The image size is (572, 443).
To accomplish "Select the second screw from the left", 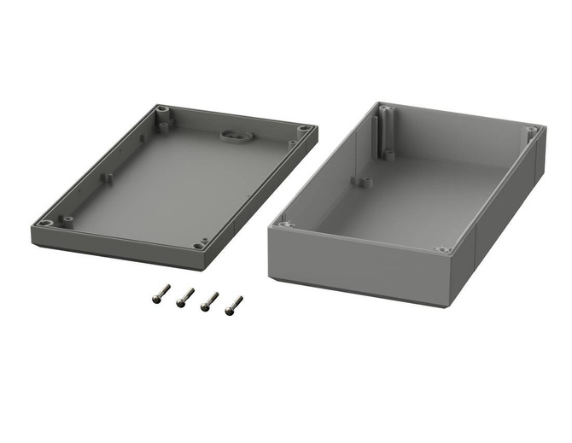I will point(184,296).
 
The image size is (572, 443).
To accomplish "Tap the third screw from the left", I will point(208,300).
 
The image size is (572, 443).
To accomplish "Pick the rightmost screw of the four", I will point(233,304).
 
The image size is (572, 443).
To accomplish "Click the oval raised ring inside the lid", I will point(232,134).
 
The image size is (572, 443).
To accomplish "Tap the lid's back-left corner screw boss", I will point(161,111).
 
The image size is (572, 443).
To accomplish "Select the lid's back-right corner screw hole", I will point(304,130).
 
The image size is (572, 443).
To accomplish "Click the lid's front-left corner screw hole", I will point(47,223).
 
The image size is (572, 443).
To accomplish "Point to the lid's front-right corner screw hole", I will point(200,245).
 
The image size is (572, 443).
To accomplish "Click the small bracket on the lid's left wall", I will point(108,178).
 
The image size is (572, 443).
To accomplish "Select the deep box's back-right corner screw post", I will point(531,132).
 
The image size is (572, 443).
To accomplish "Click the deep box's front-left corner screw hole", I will point(286,224).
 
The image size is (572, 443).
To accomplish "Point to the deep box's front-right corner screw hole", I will point(442,249).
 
